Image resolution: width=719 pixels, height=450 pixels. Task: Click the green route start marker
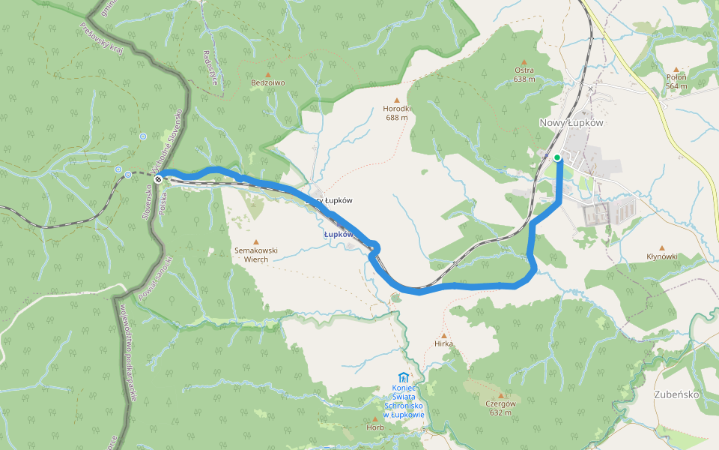click(557, 157)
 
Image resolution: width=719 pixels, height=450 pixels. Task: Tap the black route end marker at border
click(158, 179)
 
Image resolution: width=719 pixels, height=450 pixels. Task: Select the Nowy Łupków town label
click(571, 123)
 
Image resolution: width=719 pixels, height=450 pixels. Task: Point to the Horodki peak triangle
click(396, 100)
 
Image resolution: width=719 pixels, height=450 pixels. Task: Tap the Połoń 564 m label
click(676, 81)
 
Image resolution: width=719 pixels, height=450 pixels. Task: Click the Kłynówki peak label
click(662, 256)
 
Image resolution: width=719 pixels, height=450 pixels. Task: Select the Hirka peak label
click(443, 343)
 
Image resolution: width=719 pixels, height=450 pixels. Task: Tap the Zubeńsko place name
click(676, 394)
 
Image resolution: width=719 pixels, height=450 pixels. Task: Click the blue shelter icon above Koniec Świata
click(404, 376)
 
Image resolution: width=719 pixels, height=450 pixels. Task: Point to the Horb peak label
click(375, 427)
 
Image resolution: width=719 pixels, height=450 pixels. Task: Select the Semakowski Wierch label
click(256, 254)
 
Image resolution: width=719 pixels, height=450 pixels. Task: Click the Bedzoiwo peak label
click(268, 82)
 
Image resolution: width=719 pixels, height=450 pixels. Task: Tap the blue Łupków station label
click(338, 234)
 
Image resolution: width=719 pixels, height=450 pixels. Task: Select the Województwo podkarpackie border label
click(127, 352)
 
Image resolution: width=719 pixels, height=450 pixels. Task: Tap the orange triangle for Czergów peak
click(500, 395)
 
